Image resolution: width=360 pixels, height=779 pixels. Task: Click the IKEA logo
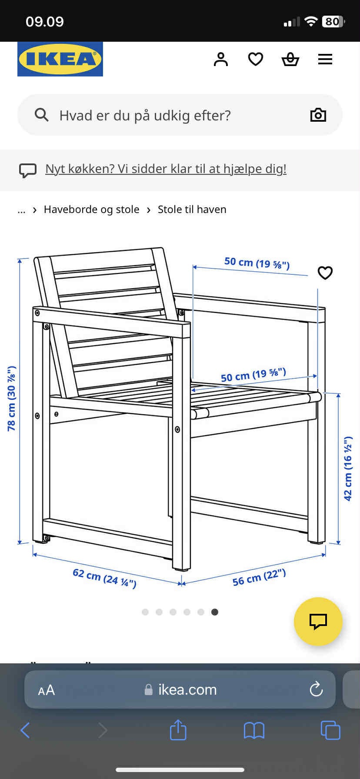point(60,59)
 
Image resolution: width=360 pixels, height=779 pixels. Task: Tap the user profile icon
point(221,59)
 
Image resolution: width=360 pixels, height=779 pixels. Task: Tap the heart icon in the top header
point(256,59)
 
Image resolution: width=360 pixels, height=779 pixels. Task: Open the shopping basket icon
point(290,59)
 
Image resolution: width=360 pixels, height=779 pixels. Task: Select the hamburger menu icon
point(325,59)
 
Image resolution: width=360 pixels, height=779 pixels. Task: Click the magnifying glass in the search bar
point(42,115)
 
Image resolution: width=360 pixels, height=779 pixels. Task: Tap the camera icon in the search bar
point(318,115)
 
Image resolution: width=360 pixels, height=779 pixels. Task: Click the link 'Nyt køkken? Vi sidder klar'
point(166,169)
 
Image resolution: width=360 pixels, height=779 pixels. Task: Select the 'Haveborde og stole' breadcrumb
point(91,210)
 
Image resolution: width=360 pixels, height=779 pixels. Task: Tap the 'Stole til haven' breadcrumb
point(192,210)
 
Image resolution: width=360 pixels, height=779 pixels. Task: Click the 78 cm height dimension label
point(11,399)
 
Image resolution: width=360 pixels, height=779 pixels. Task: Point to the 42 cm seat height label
point(348,469)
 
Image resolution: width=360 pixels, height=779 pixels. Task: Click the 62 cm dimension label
point(104,578)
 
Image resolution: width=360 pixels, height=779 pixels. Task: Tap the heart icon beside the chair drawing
point(325,273)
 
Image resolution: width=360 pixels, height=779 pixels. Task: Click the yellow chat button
point(318,622)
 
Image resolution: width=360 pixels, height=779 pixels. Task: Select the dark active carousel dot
point(215,612)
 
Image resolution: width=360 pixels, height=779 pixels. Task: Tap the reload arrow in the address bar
point(316,689)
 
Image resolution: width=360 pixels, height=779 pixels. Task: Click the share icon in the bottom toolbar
point(178,730)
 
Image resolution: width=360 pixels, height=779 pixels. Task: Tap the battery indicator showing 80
point(333,21)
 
